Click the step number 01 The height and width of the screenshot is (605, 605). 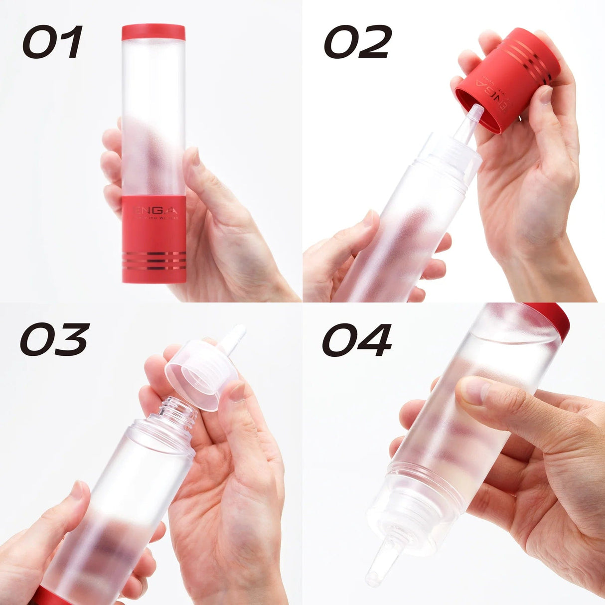(x=52, y=42)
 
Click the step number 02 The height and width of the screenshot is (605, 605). (x=358, y=42)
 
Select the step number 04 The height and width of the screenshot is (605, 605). (x=357, y=340)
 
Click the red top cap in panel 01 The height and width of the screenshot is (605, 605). (x=153, y=32)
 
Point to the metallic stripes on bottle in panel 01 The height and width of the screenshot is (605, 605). (x=154, y=261)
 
